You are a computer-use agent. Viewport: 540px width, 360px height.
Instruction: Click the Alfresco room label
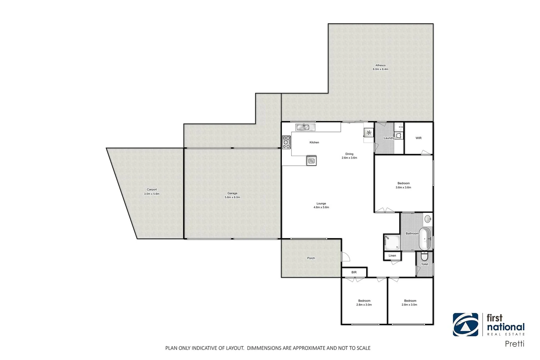point(380,66)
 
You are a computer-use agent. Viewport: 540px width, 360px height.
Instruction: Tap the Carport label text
point(152,190)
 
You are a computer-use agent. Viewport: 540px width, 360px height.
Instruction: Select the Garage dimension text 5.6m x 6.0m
point(232,197)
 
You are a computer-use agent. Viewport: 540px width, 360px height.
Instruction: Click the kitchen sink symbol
point(305,127)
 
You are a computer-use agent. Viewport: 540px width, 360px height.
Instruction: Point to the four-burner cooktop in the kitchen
point(287,142)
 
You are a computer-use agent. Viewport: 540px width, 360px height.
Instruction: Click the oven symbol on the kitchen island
point(312,161)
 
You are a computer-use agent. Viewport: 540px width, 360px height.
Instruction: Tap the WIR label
point(418,138)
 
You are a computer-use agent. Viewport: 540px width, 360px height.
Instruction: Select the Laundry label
point(389,138)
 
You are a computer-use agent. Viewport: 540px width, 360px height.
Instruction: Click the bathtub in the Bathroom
point(425,239)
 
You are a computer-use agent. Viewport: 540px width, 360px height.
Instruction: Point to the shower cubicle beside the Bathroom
point(392,242)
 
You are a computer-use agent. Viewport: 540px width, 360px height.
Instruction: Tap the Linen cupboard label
point(392,256)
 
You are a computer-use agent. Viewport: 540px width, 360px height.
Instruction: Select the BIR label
point(354,272)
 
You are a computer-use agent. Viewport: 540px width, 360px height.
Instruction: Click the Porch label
point(311,258)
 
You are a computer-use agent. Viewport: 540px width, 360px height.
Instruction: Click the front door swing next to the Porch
point(346,257)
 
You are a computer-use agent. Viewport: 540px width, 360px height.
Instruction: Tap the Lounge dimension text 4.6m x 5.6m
point(321,207)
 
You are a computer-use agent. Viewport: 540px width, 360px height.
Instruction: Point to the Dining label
point(349,154)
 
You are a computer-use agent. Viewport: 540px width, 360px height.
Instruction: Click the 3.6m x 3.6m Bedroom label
point(403,183)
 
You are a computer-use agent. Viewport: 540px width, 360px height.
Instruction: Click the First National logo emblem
point(465,325)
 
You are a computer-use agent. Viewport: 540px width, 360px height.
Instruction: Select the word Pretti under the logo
point(514,344)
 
